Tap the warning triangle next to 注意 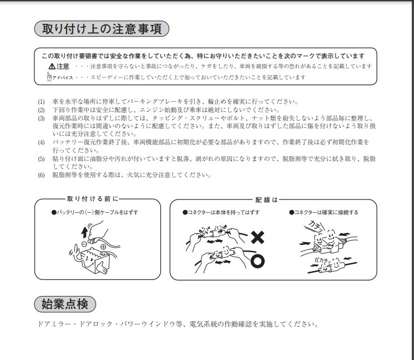click(52, 66)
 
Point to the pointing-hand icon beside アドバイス click(49, 77)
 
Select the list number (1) click(41, 102)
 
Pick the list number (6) click(41, 175)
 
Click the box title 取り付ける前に click(92, 199)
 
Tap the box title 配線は click(266, 199)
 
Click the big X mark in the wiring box click(258, 238)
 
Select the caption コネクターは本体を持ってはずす click(221, 213)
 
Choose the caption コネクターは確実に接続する click(324, 213)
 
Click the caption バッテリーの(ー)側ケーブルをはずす click(94, 213)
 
